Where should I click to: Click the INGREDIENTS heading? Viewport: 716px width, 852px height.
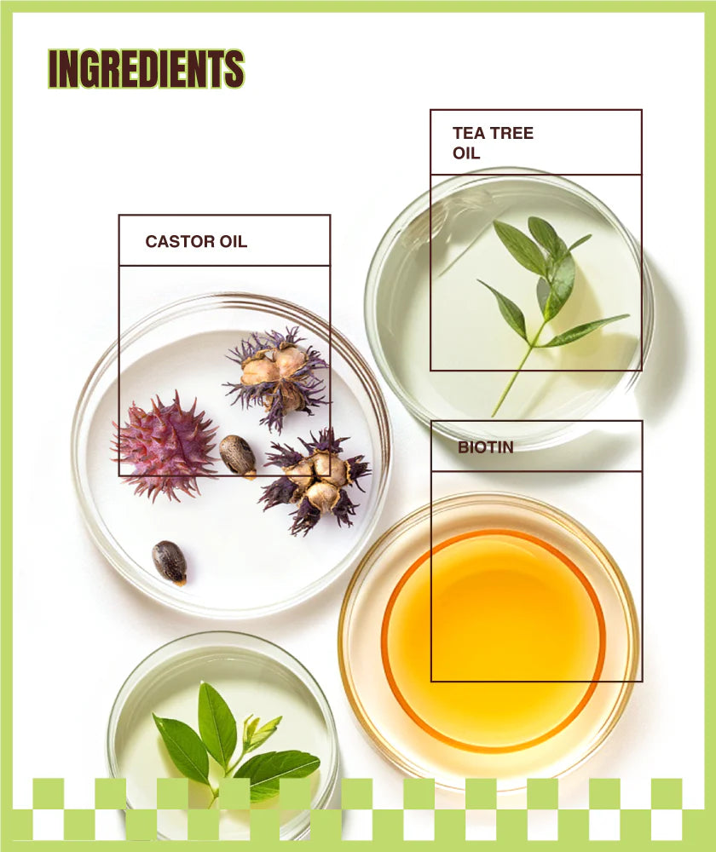click(146, 69)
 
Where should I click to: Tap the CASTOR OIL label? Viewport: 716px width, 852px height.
click(196, 241)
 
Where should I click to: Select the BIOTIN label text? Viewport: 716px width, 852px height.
click(486, 446)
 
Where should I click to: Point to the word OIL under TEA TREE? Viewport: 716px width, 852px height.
click(466, 153)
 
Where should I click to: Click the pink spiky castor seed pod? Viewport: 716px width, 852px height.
click(165, 445)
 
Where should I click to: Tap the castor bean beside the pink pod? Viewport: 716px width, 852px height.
click(238, 455)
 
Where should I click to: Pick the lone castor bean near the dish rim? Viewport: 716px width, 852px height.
click(169, 562)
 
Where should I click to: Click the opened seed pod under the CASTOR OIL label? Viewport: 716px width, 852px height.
click(278, 375)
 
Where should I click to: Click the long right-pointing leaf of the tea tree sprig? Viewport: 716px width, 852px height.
click(586, 330)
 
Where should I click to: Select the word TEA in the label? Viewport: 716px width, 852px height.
click(468, 133)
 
